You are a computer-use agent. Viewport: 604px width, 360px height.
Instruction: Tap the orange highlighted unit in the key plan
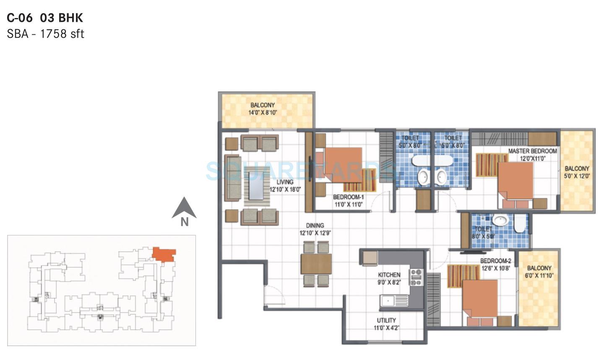tap(164, 254)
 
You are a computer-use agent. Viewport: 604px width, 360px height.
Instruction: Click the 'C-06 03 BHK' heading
tap(45, 18)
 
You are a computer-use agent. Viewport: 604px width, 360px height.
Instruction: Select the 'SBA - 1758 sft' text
tap(45, 34)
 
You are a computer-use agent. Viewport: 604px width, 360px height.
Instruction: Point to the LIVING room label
tap(285, 182)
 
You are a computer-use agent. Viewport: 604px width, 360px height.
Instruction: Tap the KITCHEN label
tap(389, 275)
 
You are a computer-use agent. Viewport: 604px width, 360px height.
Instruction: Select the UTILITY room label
tap(386, 320)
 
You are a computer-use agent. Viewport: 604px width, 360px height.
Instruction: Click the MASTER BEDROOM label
tap(532, 151)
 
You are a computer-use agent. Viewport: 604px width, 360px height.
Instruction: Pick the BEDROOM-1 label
tap(348, 197)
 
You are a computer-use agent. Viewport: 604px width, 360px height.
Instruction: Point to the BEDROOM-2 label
tap(495, 261)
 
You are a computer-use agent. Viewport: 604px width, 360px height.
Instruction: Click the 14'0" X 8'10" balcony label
tap(263, 112)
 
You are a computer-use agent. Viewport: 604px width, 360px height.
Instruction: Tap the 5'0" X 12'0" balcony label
tap(577, 176)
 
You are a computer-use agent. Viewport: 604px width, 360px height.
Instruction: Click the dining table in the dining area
tap(316, 264)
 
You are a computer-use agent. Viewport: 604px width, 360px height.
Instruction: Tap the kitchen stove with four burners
tap(416, 277)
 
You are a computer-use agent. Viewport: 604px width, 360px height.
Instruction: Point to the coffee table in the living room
tap(257, 185)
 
